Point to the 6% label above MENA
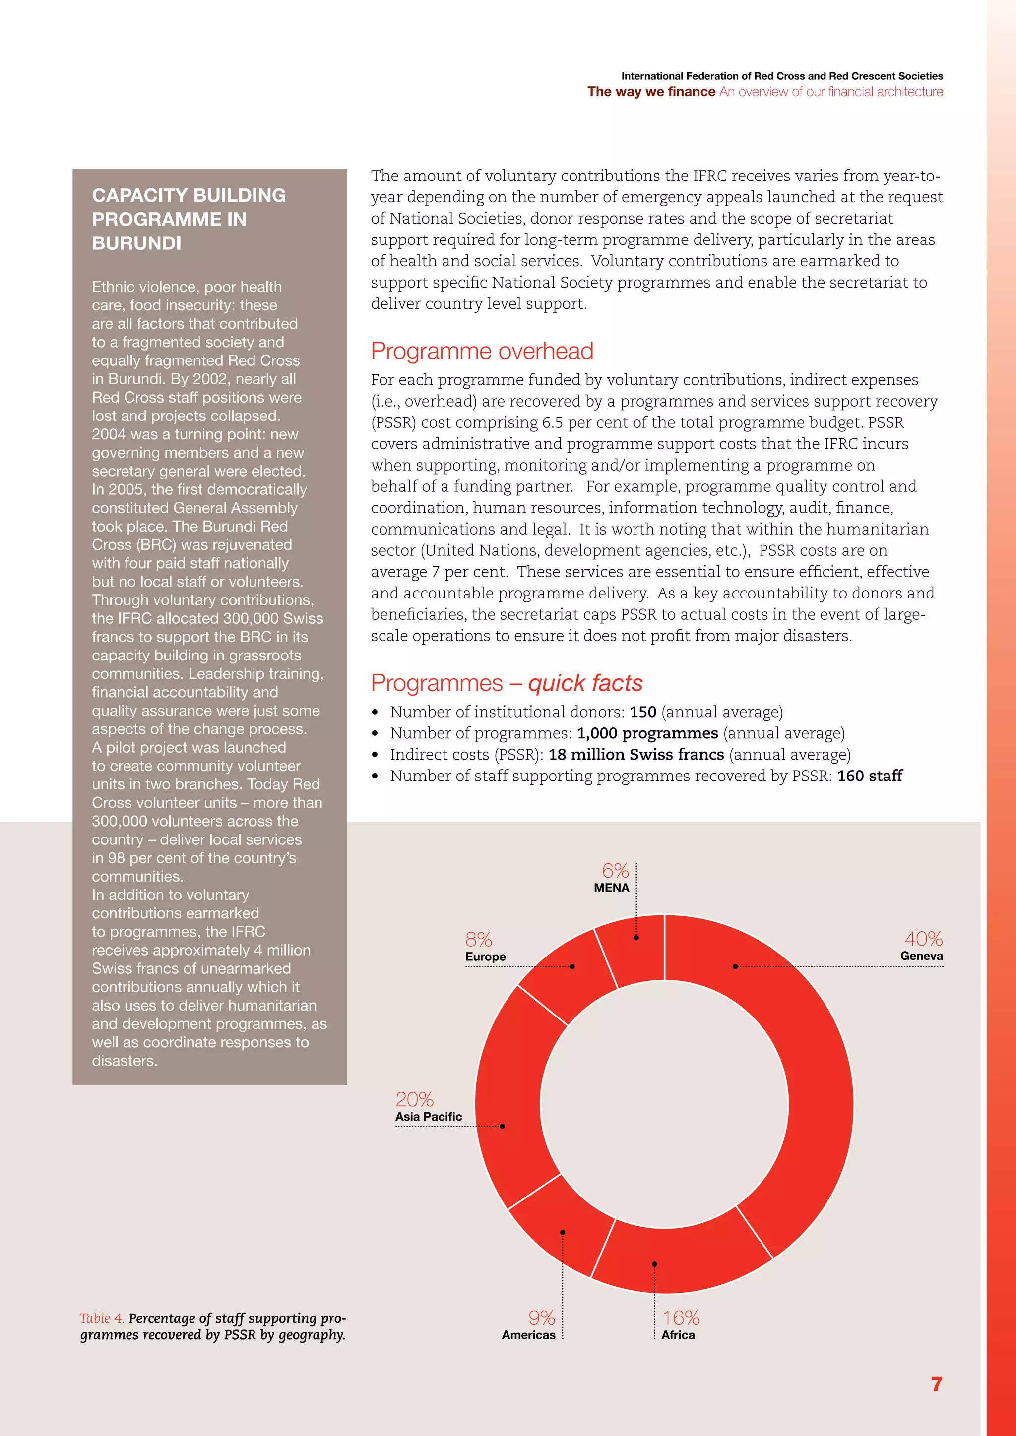coord(615,871)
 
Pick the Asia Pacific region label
coord(429,1116)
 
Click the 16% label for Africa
coord(681,1318)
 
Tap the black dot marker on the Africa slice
coord(654,1264)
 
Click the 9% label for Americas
coord(541,1318)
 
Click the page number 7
coord(936,1384)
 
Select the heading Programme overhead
coord(482,351)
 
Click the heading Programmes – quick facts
coord(506,683)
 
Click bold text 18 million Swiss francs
coord(635,754)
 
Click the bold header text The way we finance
coord(651,92)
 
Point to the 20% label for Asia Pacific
coord(414,1099)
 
